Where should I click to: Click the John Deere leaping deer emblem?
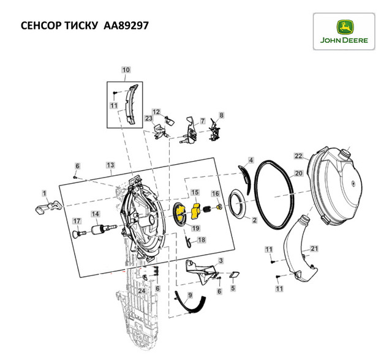[344, 28]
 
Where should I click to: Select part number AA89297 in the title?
[126, 26]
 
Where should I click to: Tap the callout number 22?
[298, 156]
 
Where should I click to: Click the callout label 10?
[126, 70]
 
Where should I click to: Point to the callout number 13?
[110, 165]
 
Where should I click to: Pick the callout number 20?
[298, 173]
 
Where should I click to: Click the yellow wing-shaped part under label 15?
[195, 211]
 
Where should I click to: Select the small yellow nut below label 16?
[219, 207]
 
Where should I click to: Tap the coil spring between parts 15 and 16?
[207, 209]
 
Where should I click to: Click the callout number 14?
[96, 214]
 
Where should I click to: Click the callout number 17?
[77, 221]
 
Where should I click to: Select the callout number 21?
[314, 249]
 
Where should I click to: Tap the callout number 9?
[190, 295]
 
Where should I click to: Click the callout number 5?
[233, 288]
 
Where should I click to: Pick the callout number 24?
[141, 291]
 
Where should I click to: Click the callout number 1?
[44, 193]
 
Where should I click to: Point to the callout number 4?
[251, 160]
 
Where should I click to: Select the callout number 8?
[221, 115]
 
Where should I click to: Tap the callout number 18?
[202, 240]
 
